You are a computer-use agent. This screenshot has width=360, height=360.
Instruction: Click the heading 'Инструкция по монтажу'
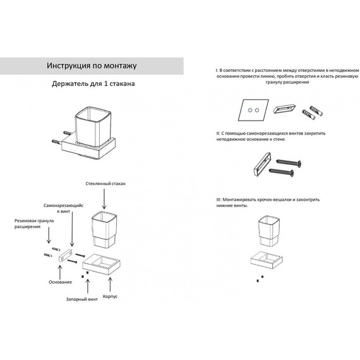pyautogui.click(x=92, y=66)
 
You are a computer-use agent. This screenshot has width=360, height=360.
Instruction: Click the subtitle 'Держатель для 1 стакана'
pyautogui.click(x=93, y=83)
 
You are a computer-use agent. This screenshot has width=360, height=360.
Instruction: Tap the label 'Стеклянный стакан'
pyautogui.click(x=105, y=184)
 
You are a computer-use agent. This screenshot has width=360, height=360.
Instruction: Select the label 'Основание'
pyautogui.click(x=60, y=282)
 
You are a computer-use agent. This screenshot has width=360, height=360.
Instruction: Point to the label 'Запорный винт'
pyautogui.click(x=82, y=299)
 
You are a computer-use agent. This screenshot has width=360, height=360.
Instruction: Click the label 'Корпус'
pyautogui.click(x=110, y=296)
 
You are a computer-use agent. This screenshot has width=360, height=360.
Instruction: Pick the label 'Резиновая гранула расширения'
pyautogui.click(x=34, y=224)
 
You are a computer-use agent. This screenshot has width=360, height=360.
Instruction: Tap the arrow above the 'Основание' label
pyautogui.click(x=60, y=272)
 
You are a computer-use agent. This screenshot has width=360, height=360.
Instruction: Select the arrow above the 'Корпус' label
pyautogui.click(x=110, y=284)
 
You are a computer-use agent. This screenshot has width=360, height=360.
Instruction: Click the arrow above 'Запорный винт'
pyautogui.click(x=88, y=286)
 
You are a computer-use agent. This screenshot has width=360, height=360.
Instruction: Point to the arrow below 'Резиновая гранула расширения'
pyautogui.click(x=49, y=235)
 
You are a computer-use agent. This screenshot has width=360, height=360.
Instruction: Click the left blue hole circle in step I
pyautogui.click(x=250, y=110)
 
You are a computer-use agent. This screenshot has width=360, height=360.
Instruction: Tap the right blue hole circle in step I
pyautogui.click(x=257, y=110)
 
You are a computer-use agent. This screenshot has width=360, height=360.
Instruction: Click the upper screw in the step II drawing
pyautogui.click(x=289, y=163)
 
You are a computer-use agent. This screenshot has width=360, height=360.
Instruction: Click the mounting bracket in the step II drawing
pyautogui.click(x=262, y=164)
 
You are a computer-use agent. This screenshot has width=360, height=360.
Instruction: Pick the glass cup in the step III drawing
pyautogui.click(x=268, y=231)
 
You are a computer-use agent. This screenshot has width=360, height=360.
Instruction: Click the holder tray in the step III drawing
pyautogui.click(x=267, y=261)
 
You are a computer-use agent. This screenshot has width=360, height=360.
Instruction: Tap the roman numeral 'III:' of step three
pyautogui.click(x=219, y=200)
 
